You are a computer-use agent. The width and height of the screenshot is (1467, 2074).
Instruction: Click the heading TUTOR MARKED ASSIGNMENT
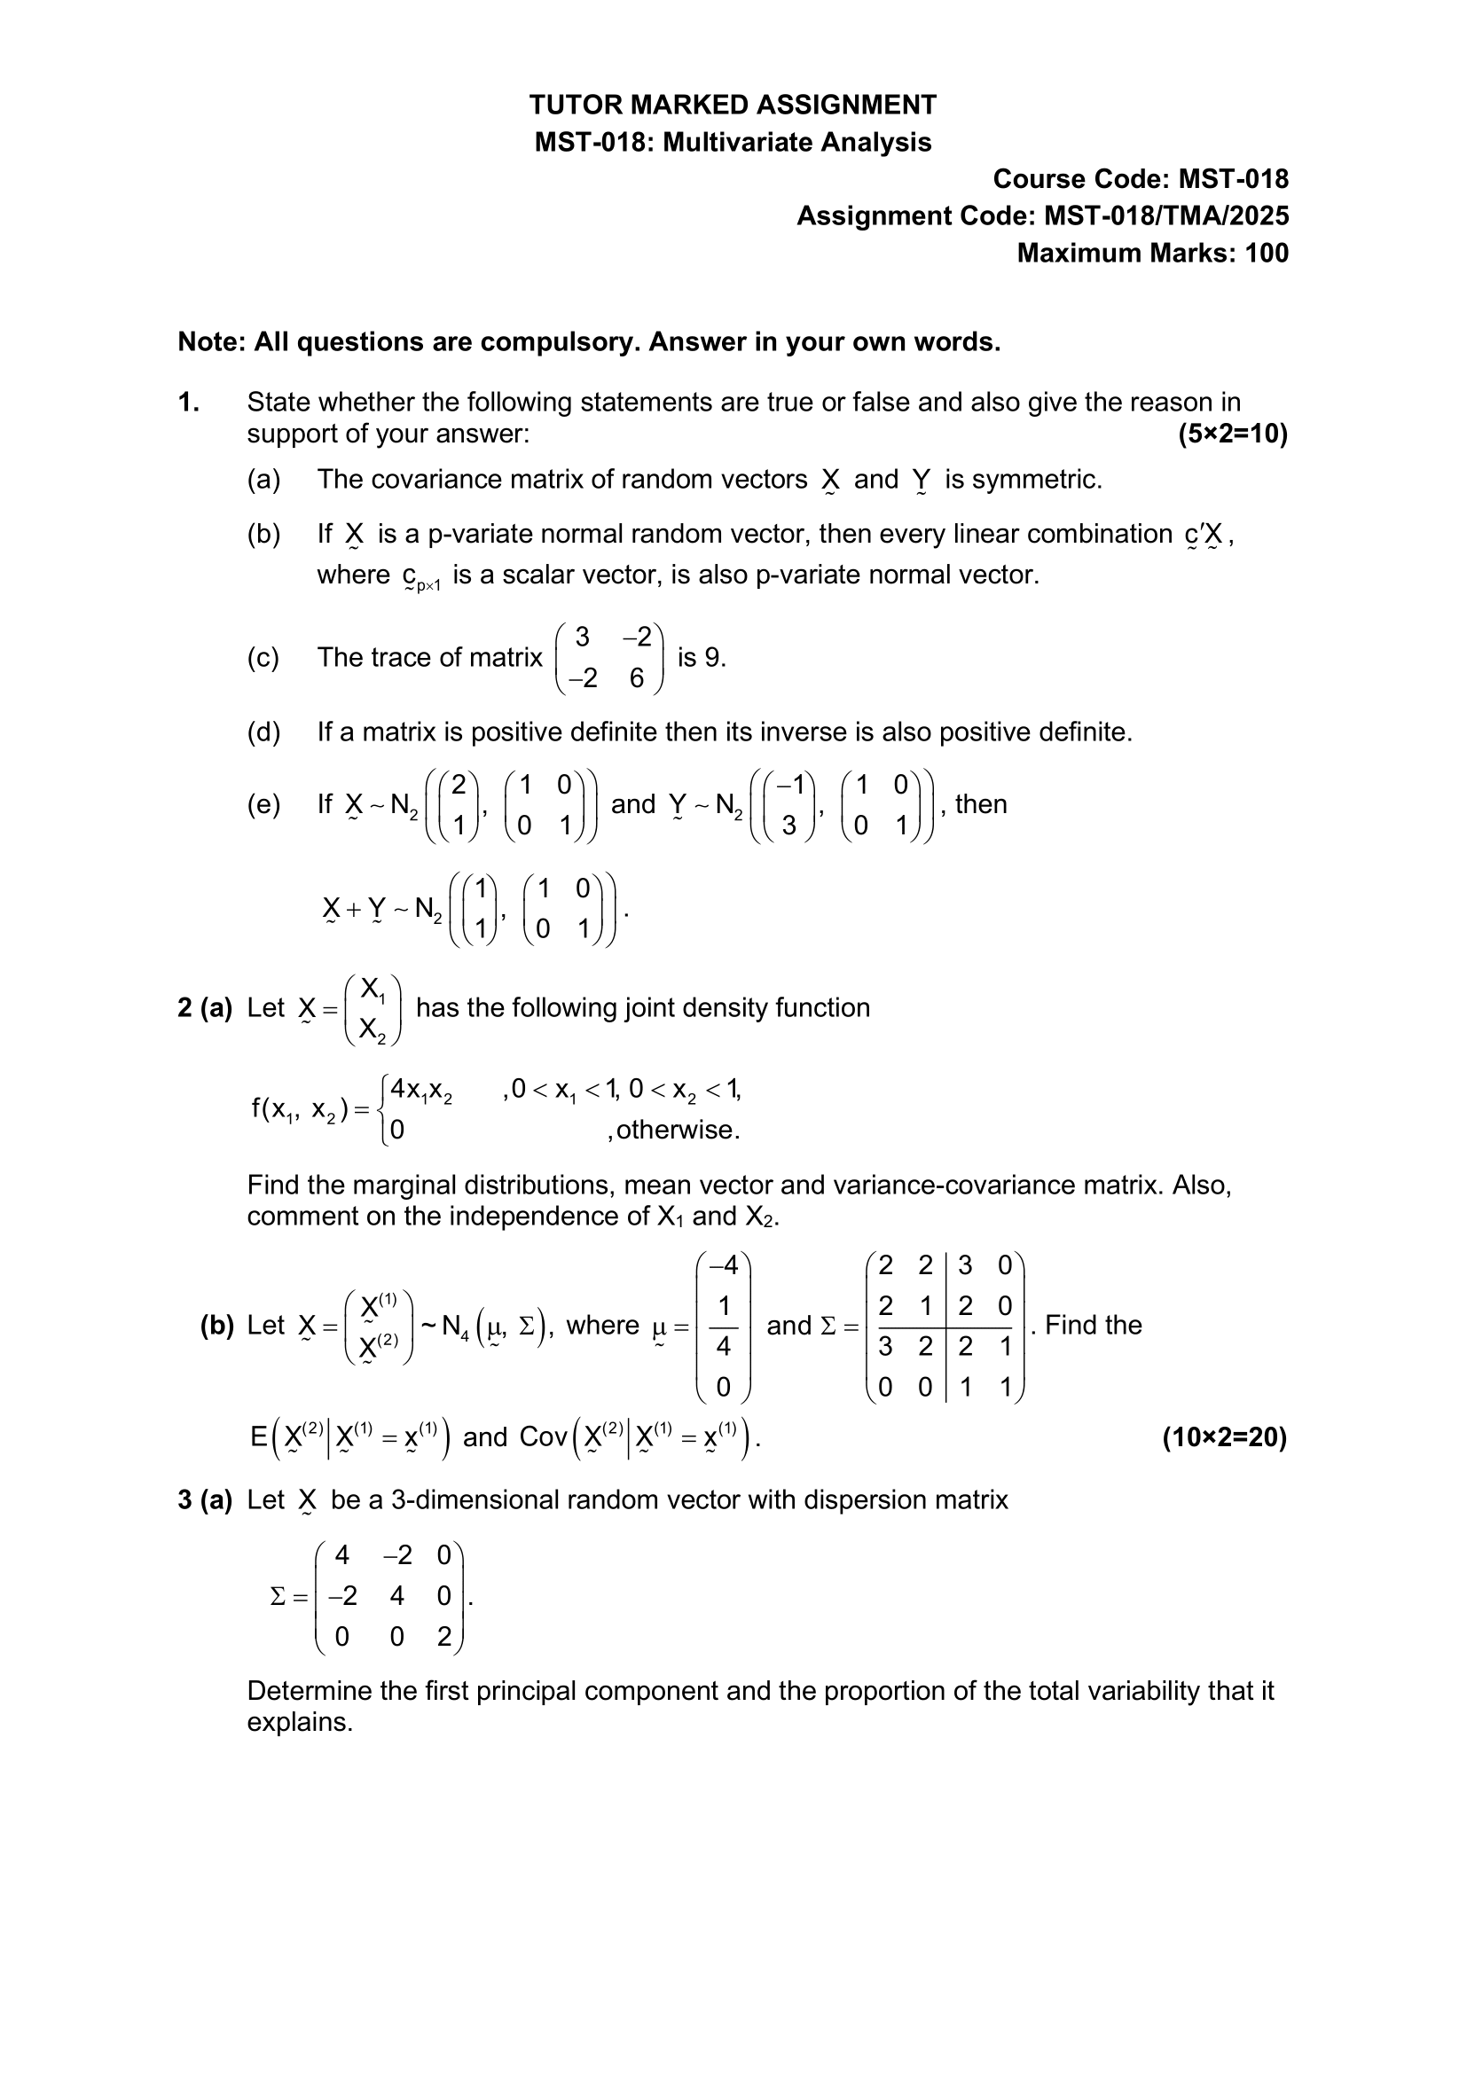tap(733, 106)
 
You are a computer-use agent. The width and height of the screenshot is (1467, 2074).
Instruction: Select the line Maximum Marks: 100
tap(1152, 254)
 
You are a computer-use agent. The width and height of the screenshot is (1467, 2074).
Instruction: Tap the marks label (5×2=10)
tap(1232, 434)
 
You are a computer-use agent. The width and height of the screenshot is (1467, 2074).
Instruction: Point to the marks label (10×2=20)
tap(1224, 1437)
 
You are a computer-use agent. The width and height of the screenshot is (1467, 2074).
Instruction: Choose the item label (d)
tap(263, 732)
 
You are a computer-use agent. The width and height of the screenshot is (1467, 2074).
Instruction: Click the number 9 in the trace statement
tap(712, 658)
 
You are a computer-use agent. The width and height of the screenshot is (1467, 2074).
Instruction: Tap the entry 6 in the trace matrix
tap(637, 678)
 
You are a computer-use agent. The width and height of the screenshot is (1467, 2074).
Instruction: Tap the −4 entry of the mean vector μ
tap(724, 1265)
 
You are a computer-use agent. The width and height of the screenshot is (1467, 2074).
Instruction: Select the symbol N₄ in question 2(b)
tap(456, 1327)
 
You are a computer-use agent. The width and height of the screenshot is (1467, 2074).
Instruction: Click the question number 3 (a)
tap(205, 1500)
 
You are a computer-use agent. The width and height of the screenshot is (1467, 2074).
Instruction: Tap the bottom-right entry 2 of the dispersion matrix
tap(443, 1638)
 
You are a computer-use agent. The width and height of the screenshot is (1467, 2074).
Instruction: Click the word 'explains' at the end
tap(298, 1723)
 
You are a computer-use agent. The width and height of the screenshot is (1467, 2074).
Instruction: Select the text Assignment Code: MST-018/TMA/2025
tap(1042, 216)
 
